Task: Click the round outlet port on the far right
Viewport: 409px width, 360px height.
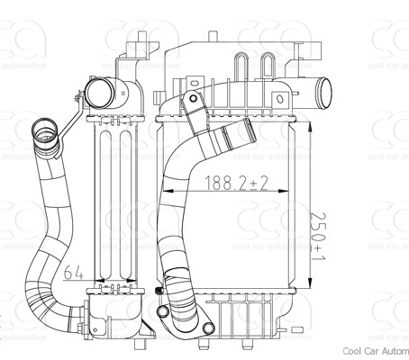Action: [x=323, y=91]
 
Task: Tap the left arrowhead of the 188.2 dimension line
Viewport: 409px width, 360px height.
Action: [x=164, y=192]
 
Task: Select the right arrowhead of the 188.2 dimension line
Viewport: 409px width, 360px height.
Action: [x=290, y=192]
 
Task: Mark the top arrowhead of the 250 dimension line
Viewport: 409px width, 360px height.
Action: [x=311, y=115]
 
